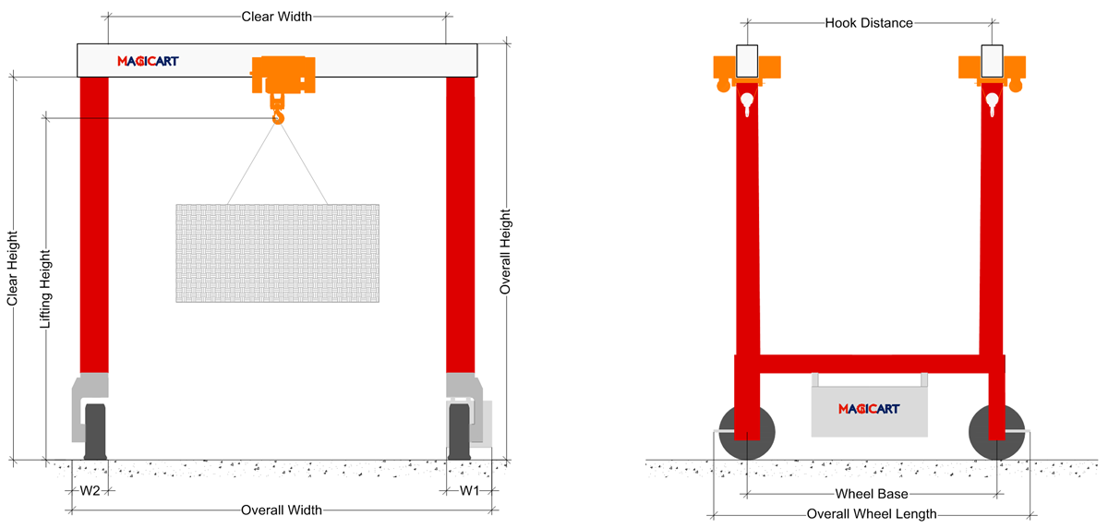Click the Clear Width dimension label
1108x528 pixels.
click(x=276, y=17)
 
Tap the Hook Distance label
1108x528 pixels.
click(x=869, y=23)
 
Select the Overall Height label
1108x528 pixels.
click(x=504, y=252)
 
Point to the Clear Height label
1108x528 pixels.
click(x=12, y=268)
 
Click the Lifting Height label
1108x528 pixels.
click(x=45, y=289)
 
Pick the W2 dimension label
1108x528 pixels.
click(x=90, y=491)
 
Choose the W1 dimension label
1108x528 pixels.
click(x=469, y=491)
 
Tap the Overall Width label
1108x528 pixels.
click(x=281, y=510)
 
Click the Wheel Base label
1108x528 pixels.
click(x=872, y=494)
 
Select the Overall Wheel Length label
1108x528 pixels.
click(x=872, y=514)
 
